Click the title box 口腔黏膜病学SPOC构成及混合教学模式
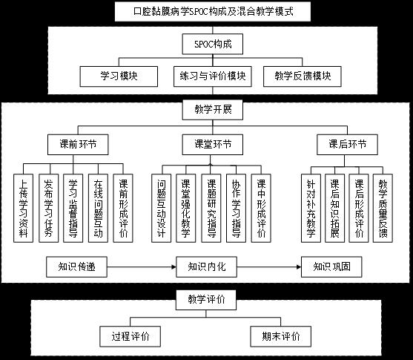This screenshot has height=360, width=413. [x=213, y=12]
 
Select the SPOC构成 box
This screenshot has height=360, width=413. [x=213, y=44]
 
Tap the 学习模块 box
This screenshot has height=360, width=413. [x=119, y=76]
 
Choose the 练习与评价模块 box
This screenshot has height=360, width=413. [x=213, y=76]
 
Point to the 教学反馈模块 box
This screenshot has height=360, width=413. [x=303, y=76]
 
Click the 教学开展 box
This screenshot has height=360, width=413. [x=213, y=110]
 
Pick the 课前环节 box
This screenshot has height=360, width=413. [x=78, y=145]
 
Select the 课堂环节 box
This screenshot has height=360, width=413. [x=213, y=145]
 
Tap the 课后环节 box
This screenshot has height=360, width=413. [x=347, y=145]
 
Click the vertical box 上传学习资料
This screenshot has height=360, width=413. [x=24, y=208]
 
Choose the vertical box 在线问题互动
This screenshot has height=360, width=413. [x=98, y=208]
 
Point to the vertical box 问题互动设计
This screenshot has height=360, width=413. [x=161, y=208]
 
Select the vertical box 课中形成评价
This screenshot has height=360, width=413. [x=261, y=208]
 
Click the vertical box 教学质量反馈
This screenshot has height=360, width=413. [x=383, y=208]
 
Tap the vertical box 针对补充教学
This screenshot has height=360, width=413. [x=311, y=208]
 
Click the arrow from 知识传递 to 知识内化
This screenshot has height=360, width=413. [x=142, y=267]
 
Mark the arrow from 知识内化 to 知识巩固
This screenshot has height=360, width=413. [x=269, y=267]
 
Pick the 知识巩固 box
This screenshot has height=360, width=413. [x=331, y=267]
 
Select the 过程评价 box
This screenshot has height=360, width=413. [x=130, y=336]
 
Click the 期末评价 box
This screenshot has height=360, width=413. [x=281, y=336]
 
